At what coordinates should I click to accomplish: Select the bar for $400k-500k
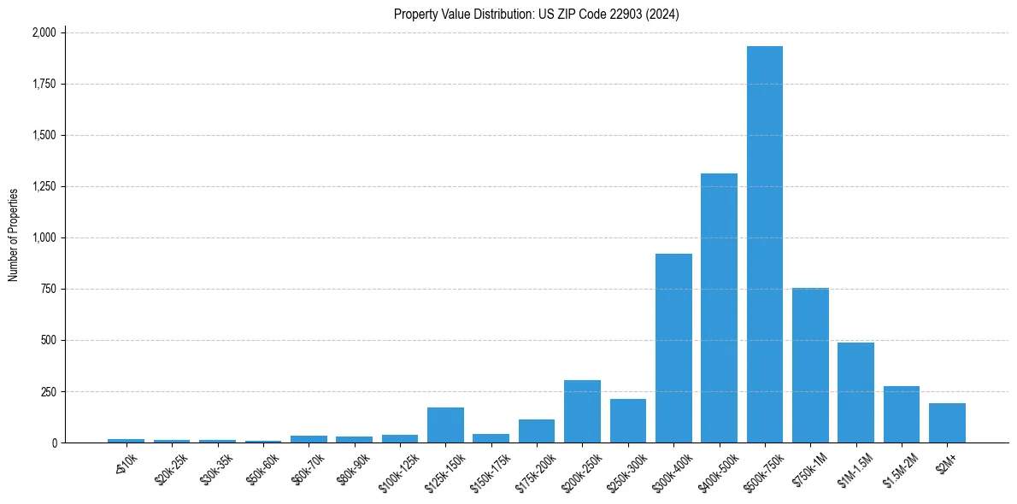pyautogui.click(x=719, y=308)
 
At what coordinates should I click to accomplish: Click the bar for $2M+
pyautogui.click(x=947, y=423)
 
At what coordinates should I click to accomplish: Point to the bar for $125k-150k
pyautogui.click(x=445, y=425)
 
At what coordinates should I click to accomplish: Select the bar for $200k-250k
pyautogui.click(x=582, y=412)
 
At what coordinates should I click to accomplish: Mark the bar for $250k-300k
pyautogui.click(x=628, y=421)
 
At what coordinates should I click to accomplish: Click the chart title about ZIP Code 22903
pyautogui.click(x=536, y=14)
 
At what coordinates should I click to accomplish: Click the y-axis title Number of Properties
pyautogui.click(x=14, y=235)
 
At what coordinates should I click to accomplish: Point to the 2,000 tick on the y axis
pyautogui.click(x=44, y=32)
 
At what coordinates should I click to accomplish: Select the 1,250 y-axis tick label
pyautogui.click(x=44, y=186)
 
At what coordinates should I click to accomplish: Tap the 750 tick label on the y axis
pyautogui.click(x=48, y=289)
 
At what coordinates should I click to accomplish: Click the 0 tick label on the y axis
pyautogui.click(x=53, y=442)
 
